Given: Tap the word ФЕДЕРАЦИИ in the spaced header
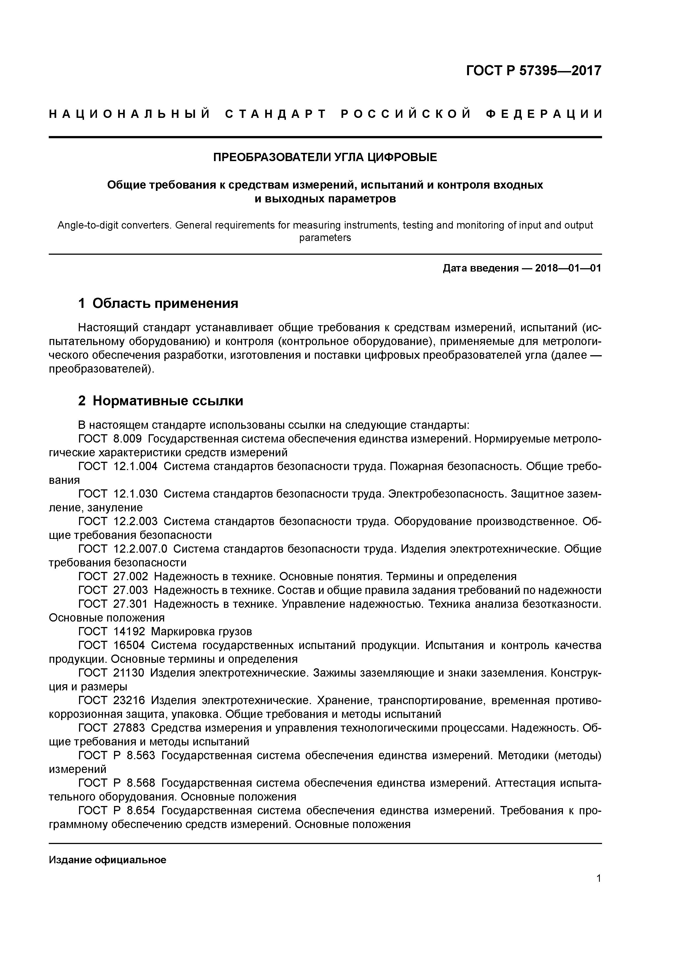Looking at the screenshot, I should [544, 115].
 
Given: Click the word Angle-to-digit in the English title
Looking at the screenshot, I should [83, 226].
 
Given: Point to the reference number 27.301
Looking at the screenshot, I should [131, 604].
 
